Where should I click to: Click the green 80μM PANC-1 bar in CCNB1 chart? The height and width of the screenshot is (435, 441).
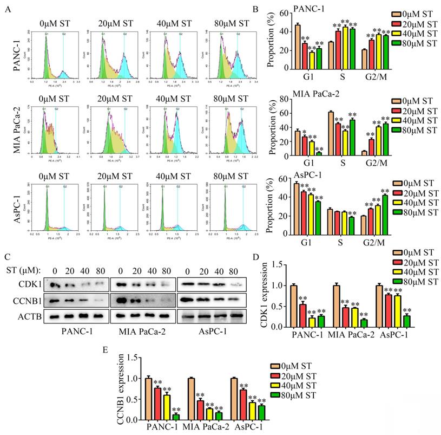pyautogui.click(x=176, y=418)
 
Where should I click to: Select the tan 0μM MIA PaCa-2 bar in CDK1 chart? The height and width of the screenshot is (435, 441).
pyautogui.click(x=336, y=306)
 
